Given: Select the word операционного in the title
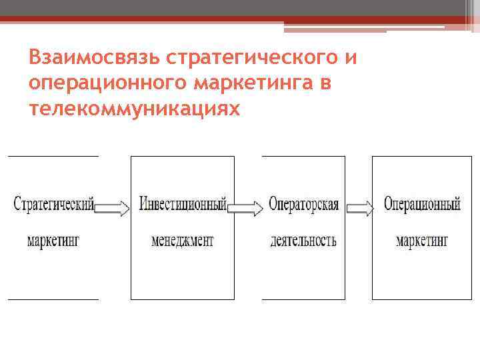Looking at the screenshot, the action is point(109,84).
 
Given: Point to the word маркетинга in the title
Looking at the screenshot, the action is point(258,84).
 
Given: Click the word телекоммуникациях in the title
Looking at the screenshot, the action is point(134,109).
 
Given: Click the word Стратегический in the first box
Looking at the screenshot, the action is point(53,203).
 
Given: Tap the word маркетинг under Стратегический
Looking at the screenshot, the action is point(53,240).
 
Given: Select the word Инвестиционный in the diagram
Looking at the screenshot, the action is point(183,203).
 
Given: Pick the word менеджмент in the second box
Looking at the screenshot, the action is point(183,240).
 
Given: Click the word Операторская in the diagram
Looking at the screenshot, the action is point(303,203).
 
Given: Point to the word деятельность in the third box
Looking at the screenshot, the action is point(303,240).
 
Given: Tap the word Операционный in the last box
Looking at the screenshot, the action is point(422,203).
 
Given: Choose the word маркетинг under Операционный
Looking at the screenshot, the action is point(422,240).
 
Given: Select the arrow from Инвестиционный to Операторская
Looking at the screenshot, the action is point(245,208).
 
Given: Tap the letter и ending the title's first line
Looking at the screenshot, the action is point(351,58).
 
